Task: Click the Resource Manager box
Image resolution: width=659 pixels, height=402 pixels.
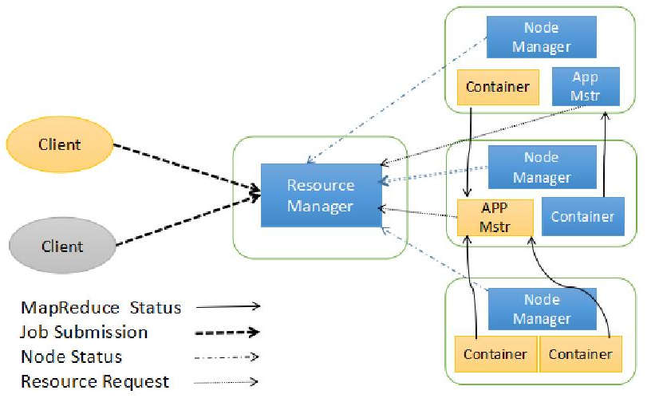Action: [x=320, y=195]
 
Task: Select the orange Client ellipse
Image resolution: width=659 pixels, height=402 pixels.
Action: [x=60, y=144]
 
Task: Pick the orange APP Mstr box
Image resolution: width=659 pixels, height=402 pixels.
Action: [x=495, y=218]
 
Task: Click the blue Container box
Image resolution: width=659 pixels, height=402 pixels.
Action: [x=582, y=216]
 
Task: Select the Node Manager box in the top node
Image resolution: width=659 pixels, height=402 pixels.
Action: [x=541, y=37]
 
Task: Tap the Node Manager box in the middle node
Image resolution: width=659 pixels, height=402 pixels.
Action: [x=542, y=167]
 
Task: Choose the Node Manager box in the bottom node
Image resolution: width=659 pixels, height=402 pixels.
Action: [x=542, y=309]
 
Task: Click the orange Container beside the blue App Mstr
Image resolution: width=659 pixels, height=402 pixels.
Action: [x=498, y=87]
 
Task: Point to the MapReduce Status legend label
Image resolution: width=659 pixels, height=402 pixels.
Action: [x=101, y=307]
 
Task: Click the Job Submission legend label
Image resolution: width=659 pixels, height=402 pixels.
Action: [x=85, y=332]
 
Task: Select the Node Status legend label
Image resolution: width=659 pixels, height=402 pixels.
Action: [x=72, y=357]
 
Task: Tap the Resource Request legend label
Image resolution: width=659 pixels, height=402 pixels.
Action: [x=96, y=381]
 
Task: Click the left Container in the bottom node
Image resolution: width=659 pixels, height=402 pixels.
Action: [x=495, y=353]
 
